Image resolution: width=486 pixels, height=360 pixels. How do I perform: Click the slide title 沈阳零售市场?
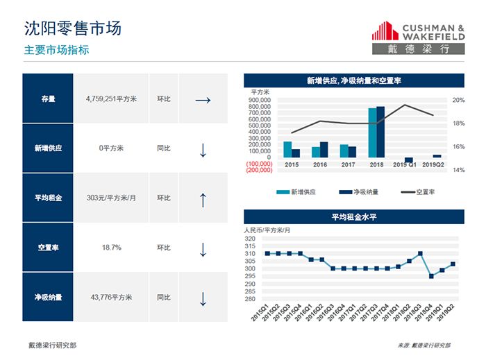pos(72,28)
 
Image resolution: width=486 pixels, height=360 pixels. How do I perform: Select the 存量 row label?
pos(48,98)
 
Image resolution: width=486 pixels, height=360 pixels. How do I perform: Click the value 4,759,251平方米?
pos(111,98)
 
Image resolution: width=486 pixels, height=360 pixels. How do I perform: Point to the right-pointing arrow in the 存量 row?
pos(203,99)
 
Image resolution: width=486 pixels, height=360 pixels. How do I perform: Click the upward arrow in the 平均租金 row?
pos(203,199)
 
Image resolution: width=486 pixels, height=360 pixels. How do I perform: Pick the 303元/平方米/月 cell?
pos(111,198)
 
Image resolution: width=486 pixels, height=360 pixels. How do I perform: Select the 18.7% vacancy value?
pos(111,248)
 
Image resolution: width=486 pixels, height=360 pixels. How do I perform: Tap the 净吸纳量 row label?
pos(48,298)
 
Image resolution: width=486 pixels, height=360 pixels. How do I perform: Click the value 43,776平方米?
pos(111,298)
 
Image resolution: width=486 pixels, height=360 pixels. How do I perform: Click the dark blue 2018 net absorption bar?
pos(380,132)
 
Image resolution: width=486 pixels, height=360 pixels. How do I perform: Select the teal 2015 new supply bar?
pos(287,149)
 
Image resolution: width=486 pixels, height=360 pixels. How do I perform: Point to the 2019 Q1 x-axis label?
pos(405,164)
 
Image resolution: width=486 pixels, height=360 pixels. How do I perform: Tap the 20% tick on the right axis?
pos(458,100)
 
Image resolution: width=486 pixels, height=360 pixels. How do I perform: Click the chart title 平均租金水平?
pos(353,217)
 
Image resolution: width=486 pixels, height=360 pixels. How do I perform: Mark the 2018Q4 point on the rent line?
pos(431,276)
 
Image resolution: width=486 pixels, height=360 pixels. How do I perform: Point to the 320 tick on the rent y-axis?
pos(250,239)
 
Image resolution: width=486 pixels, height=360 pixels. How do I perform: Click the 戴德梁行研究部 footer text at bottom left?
pos(52,345)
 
